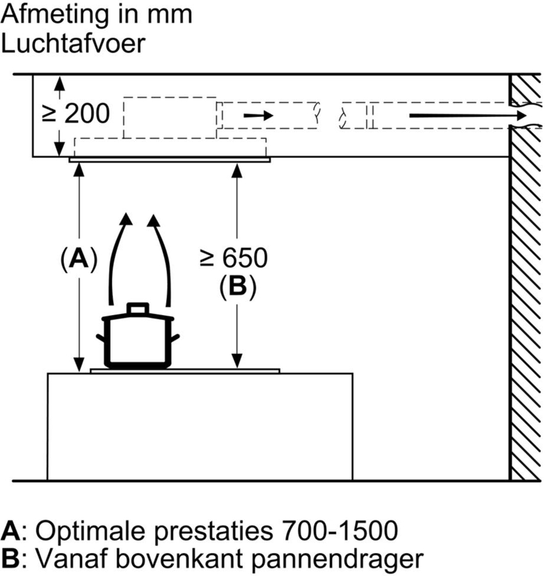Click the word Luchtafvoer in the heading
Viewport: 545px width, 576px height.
74,44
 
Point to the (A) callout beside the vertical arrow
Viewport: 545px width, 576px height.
78,259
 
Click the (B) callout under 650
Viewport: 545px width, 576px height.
237,286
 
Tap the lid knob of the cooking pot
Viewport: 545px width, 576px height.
138,308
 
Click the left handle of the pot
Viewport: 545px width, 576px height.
100,337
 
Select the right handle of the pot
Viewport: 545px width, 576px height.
175,337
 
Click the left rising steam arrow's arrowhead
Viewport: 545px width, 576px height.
126,220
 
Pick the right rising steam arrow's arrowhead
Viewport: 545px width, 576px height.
154,220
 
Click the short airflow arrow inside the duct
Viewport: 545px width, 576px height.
258,116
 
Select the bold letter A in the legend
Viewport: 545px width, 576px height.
10,531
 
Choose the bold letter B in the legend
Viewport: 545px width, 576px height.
10,559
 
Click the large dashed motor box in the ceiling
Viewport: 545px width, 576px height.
170,117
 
